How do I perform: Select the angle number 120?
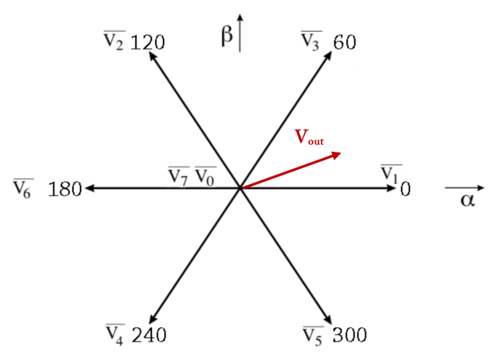(x=148, y=44)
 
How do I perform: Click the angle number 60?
(x=345, y=44)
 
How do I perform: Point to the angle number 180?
(x=65, y=190)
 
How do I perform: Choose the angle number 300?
(x=349, y=335)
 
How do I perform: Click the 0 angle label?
(x=405, y=190)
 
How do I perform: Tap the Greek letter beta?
(x=227, y=35)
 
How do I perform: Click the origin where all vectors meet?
(x=240, y=188)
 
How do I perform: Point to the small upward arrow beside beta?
(x=240, y=32)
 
